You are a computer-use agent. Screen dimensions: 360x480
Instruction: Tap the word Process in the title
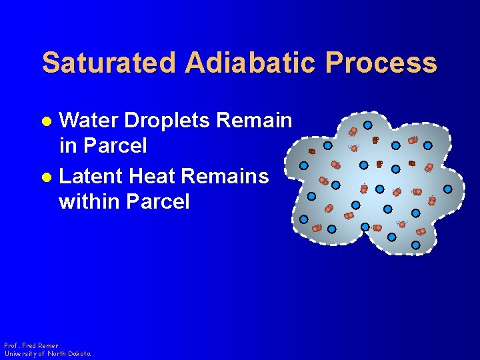point(380,63)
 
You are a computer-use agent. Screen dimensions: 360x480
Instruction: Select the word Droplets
point(167,121)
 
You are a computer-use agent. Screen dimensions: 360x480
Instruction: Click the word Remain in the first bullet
point(255,121)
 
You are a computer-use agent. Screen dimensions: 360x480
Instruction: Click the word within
point(89,201)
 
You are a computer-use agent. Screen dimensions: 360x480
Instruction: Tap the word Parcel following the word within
point(158,201)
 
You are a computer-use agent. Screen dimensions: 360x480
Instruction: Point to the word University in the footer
point(21,353)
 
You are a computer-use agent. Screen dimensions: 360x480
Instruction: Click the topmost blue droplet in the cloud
point(367,125)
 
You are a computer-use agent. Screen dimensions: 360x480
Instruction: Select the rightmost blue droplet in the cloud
point(448,189)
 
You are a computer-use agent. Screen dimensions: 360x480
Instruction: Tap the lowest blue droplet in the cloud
point(415,245)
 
